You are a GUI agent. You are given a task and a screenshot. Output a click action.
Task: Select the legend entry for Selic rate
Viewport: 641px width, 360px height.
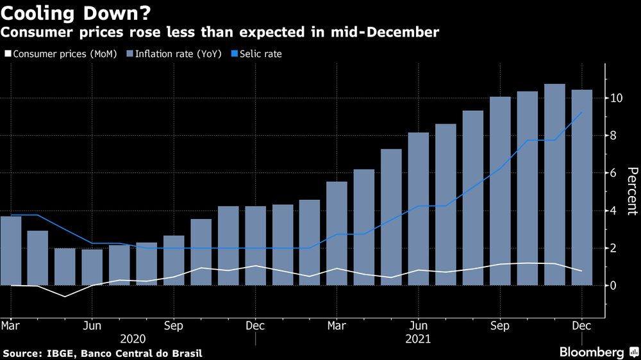click(260, 54)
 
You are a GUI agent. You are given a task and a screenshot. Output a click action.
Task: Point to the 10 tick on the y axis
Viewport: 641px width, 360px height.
click(617, 98)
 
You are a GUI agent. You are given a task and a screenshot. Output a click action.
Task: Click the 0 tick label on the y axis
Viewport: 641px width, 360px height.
click(613, 286)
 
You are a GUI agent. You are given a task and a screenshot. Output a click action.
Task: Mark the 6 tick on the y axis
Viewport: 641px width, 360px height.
click(613, 173)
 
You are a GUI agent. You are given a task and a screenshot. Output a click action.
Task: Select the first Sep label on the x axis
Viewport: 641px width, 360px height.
click(173, 325)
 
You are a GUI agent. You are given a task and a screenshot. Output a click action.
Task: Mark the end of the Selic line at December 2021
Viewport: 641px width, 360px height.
click(582, 112)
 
